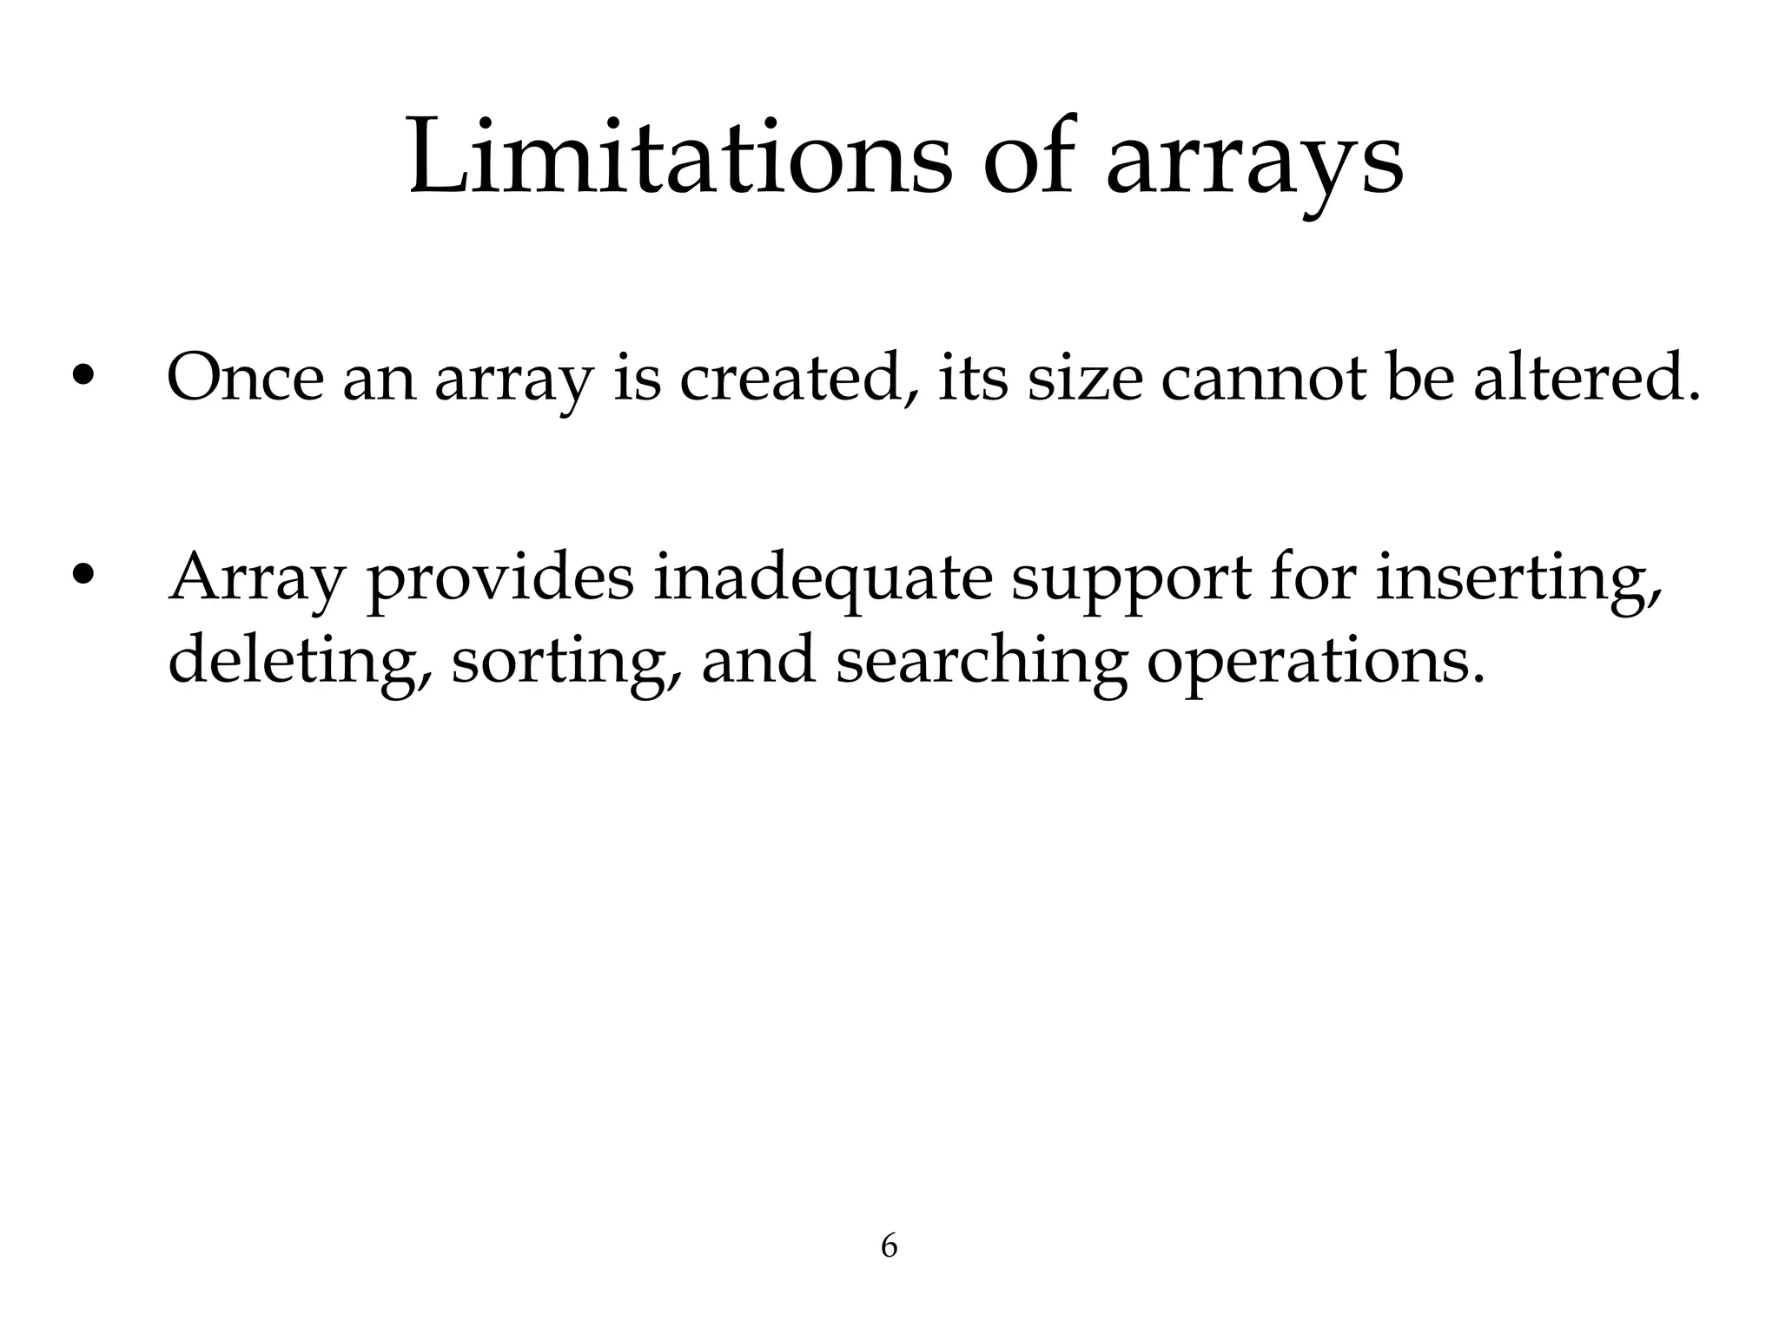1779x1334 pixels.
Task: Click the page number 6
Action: pyautogui.click(x=889, y=1246)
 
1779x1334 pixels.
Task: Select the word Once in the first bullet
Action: pyautogui.click(x=245, y=378)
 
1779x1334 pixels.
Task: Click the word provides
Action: pyautogui.click(x=500, y=578)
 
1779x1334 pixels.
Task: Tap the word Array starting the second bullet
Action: pyautogui.click(x=257, y=578)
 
